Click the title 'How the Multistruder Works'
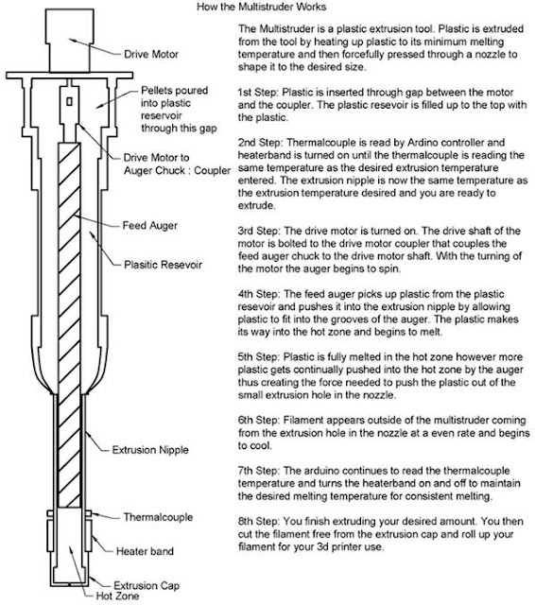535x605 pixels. click(x=262, y=7)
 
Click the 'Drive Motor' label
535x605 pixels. click(x=151, y=54)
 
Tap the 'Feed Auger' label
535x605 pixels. click(x=150, y=225)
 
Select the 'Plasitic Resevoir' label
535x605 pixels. click(x=163, y=265)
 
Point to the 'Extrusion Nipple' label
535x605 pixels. click(x=150, y=450)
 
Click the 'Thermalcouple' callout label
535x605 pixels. click(x=158, y=517)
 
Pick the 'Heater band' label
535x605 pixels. click(x=145, y=551)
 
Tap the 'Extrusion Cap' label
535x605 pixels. click(x=147, y=586)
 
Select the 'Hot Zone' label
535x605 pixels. click(x=117, y=596)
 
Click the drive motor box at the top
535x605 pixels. click(x=69, y=41)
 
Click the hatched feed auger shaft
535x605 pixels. click(x=69, y=325)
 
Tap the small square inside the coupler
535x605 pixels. click(x=69, y=101)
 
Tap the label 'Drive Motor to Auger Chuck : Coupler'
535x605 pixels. click(x=177, y=164)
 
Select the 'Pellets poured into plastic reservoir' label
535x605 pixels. click(x=179, y=110)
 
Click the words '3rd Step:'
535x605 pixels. click(x=259, y=231)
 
